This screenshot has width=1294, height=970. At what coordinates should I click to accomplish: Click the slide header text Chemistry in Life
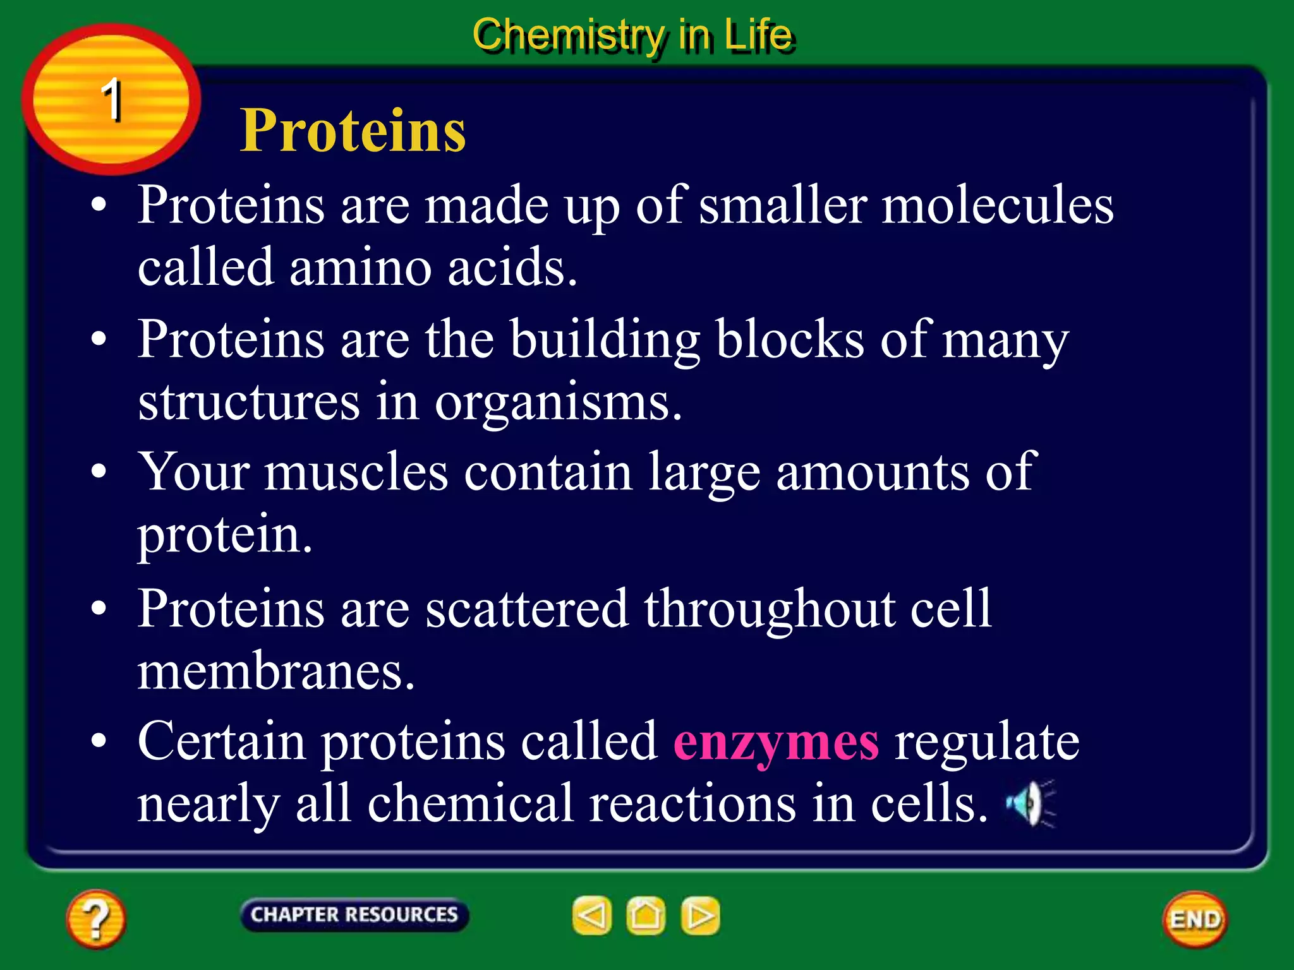[x=632, y=35]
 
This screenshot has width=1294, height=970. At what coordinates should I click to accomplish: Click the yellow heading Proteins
[x=353, y=131]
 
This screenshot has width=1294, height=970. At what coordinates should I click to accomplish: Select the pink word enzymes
[x=776, y=741]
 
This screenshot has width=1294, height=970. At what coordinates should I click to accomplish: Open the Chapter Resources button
[x=354, y=914]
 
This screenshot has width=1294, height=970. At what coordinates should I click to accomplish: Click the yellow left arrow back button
[x=592, y=916]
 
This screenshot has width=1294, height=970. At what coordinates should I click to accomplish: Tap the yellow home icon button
[x=646, y=916]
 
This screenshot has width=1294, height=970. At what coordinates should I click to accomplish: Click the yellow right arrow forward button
[x=700, y=916]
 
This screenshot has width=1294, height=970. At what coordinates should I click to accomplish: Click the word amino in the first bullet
[x=360, y=267]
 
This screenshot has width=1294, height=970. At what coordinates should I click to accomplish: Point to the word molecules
[x=997, y=206]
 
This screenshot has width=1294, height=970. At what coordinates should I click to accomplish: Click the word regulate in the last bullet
[x=986, y=741]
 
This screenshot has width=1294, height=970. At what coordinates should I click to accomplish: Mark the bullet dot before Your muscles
[x=99, y=472]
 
